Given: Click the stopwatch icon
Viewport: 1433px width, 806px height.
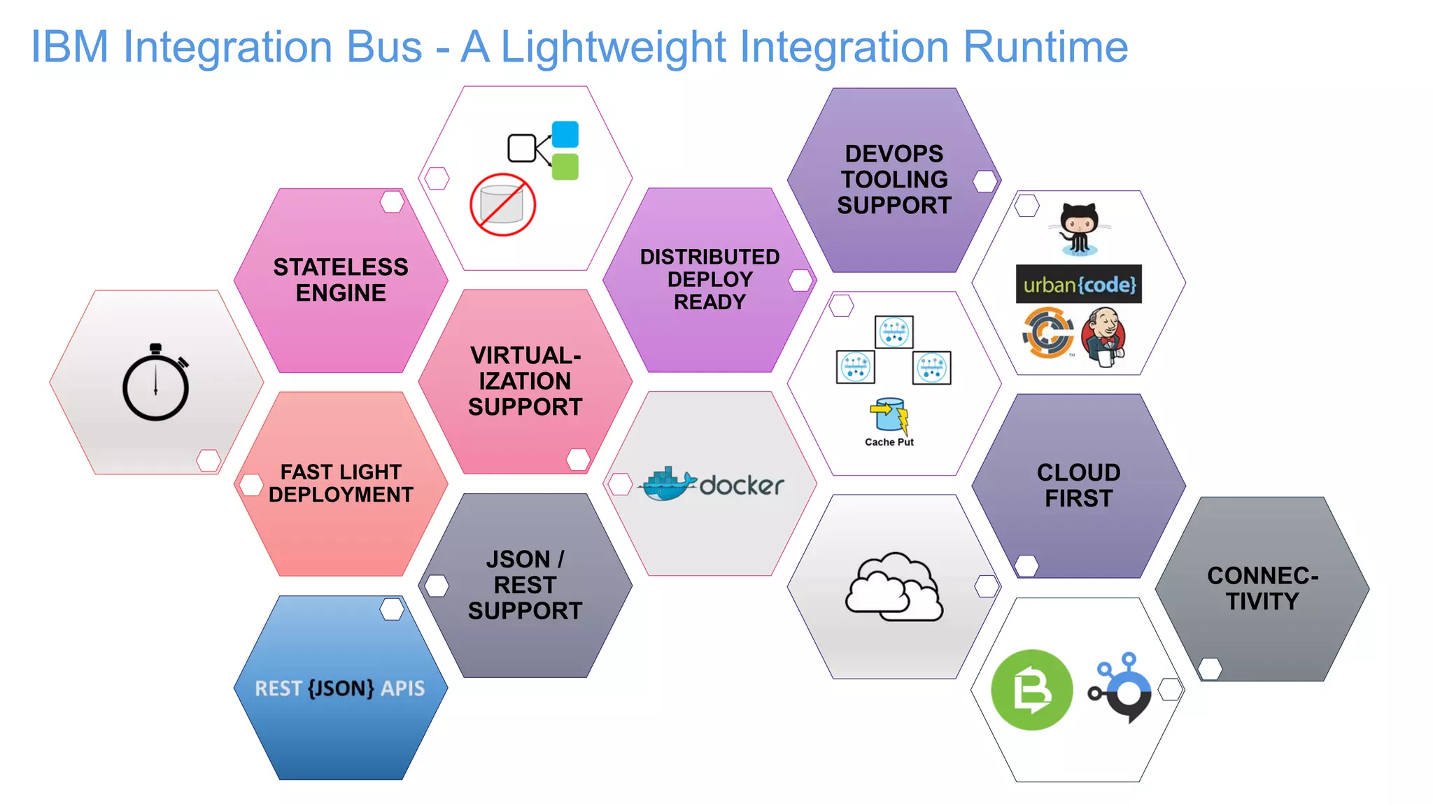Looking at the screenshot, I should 155,383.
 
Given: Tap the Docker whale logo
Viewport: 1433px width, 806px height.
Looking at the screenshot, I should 668,484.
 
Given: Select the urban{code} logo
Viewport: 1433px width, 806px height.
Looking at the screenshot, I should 1078,284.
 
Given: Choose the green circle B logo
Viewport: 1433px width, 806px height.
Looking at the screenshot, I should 1031,690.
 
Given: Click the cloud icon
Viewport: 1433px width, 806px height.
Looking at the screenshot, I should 894,588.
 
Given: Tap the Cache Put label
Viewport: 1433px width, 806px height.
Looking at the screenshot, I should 889,442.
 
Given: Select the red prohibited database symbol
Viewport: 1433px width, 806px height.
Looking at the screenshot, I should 502,205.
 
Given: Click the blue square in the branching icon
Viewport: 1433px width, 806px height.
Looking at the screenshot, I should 565,134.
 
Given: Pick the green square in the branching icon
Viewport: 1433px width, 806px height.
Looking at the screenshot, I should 565,167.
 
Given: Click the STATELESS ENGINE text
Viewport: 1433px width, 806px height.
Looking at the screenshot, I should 341,280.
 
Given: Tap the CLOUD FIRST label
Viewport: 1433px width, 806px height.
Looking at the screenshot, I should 1078,485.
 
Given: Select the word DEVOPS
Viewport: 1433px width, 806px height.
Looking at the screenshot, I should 894,154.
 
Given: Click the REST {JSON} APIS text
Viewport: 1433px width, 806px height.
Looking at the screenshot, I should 340,688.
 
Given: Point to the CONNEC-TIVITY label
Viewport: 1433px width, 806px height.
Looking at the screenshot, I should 1262,588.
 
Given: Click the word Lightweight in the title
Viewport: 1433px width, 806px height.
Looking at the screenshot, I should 614,48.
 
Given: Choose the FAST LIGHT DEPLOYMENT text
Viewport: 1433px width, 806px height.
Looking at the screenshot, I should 341,483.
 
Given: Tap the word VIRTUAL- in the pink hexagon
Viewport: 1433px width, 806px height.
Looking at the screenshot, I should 525,355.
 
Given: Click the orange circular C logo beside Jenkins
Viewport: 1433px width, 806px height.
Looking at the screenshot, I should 1048,333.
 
